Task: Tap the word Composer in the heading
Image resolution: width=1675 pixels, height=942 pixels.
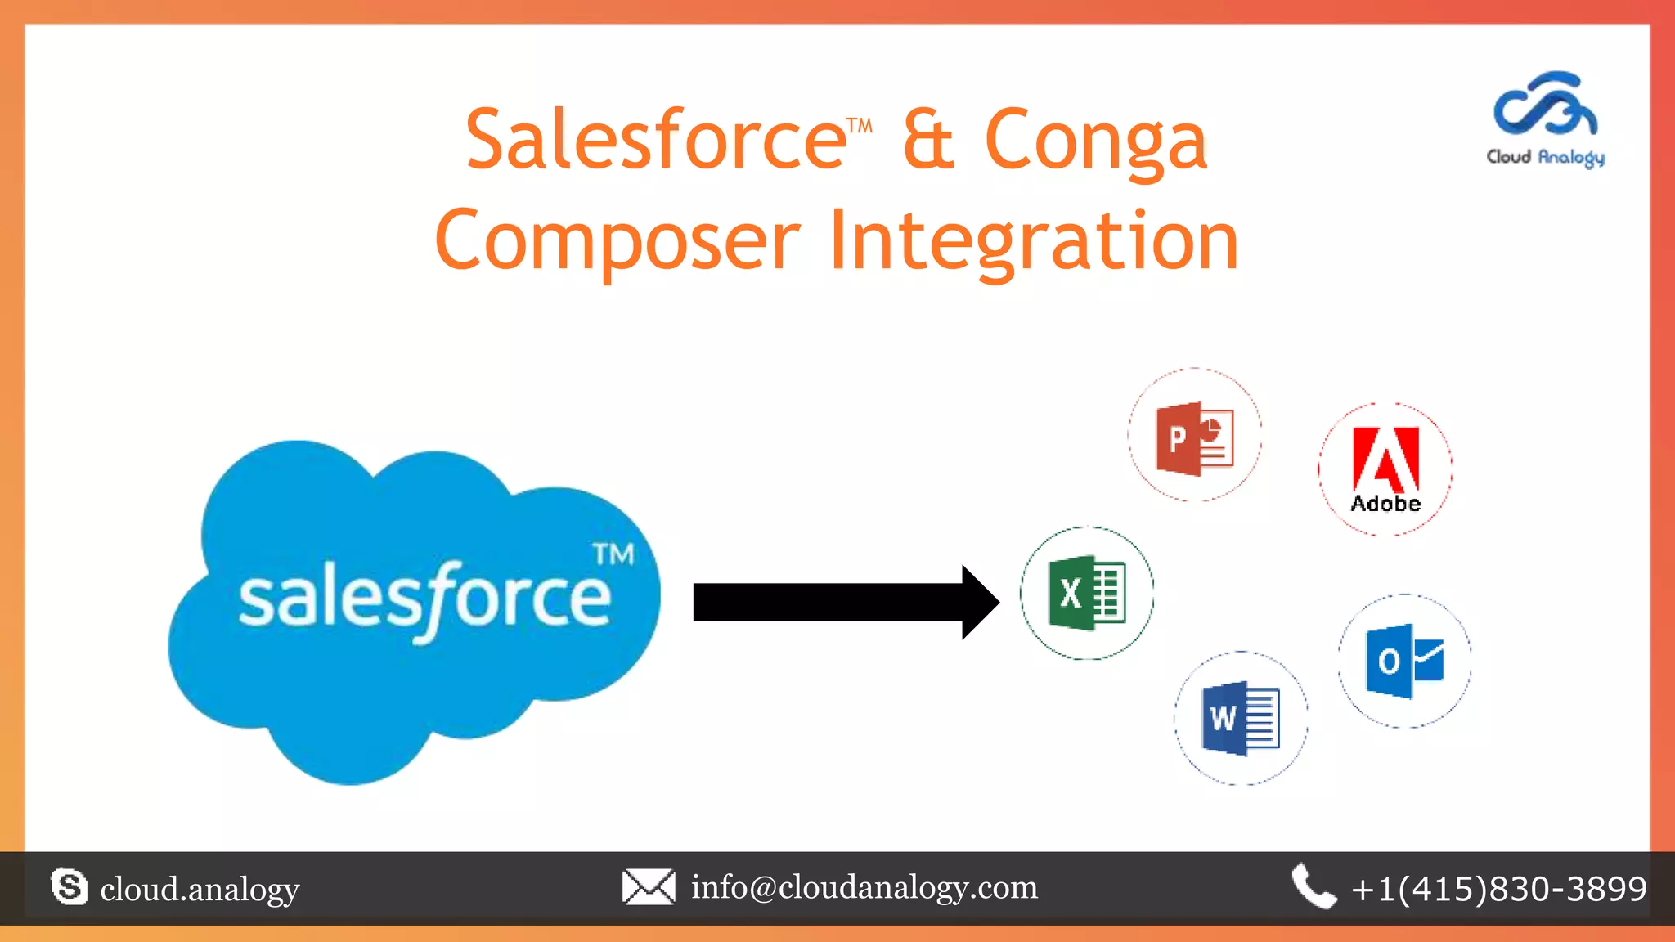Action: [x=617, y=240]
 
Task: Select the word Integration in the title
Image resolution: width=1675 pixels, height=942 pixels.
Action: [x=1034, y=240]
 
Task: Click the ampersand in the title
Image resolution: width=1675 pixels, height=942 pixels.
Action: [x=928, y=141]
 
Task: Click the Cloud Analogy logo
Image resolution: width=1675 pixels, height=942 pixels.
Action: [x=1545, y=119]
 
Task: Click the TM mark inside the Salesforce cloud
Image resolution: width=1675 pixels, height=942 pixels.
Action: [x=613, y=554]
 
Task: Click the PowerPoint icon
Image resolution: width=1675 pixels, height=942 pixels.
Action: [x=1195, y=438]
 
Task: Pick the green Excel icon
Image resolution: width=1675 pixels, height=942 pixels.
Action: [x=1087, y=593]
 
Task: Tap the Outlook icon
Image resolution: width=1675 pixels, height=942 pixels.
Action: [x=1404, y=661]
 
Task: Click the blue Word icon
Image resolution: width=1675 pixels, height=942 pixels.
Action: [x=1241, y=718]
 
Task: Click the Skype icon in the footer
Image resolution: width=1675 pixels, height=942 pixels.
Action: [x=69, y=887]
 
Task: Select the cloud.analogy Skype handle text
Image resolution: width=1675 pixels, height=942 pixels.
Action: [x=200, y=889]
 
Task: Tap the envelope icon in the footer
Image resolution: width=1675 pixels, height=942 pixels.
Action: [x=649, y=887]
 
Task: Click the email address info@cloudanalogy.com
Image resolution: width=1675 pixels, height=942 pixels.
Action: [x=864, y=887]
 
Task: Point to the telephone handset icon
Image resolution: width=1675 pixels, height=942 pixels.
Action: [x=1313, y=886]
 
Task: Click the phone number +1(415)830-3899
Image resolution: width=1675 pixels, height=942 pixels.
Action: [x=1499, y=889]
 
